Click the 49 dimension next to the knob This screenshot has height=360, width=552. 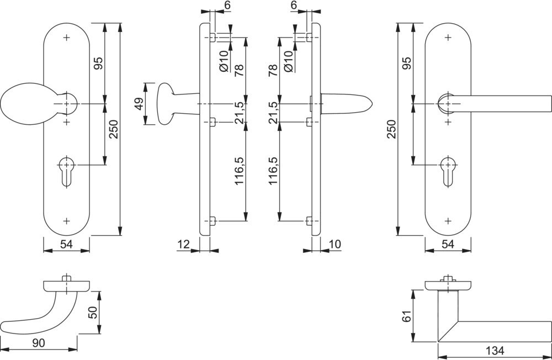click(x=139, y=103)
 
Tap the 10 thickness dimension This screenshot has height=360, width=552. click(x=335, y=243)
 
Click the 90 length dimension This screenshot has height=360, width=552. click(x=38, y=343)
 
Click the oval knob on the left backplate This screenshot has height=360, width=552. click(x=23, y=104)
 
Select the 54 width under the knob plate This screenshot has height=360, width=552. click(x=67, y=243)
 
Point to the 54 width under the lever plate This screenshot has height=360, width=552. click(x=448, y=243)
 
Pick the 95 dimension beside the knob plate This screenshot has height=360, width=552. click(x=99, y=63)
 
